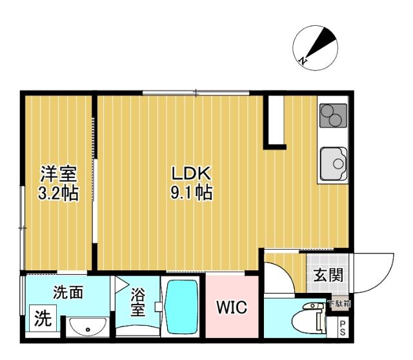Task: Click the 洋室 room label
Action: [59, 173]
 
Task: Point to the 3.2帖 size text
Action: [59, 192]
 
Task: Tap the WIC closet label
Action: [231, 308]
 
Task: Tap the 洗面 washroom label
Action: [68, 292]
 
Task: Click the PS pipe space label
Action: [343, 327]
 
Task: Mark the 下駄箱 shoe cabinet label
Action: [338, 303]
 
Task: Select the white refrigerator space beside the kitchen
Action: [275, 120]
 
